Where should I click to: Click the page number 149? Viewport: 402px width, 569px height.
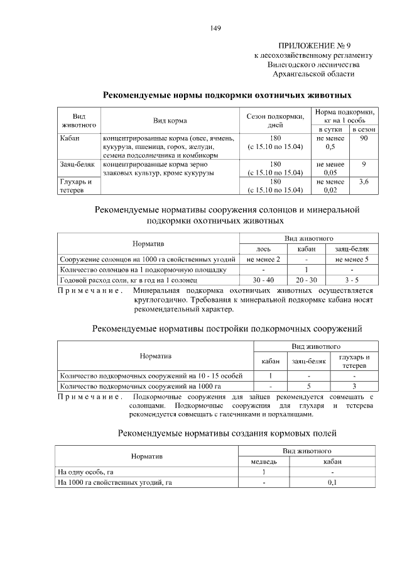215,28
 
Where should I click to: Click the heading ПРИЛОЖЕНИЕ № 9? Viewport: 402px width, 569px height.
313,46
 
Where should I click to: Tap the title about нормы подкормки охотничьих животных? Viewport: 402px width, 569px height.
227,96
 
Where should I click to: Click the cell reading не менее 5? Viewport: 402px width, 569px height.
351,258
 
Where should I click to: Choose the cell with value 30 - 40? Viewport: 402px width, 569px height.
263,280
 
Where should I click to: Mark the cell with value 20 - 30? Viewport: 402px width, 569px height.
306,280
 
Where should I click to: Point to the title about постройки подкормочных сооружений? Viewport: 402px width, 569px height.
227,328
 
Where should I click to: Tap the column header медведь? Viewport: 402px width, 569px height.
264,461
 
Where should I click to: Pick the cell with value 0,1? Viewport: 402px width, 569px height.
332,482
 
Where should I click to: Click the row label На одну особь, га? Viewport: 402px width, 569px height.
85,472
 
